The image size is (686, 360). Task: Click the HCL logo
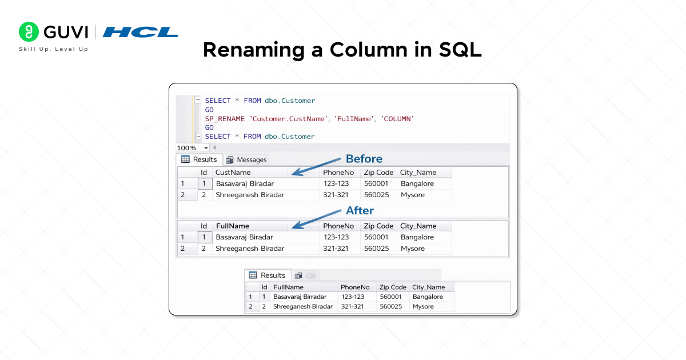141,32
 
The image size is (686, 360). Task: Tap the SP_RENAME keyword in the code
224,118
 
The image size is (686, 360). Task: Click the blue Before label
364,158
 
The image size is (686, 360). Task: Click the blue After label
360,210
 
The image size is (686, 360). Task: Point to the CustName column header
233,172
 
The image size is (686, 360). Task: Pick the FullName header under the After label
233,226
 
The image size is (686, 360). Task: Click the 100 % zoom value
186,147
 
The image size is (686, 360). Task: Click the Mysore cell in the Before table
413,195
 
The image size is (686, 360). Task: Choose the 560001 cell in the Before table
376,183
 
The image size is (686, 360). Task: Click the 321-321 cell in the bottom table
353,306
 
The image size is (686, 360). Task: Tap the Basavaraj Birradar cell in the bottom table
300,297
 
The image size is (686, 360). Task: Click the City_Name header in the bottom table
429,287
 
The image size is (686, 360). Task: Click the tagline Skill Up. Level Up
54,49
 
